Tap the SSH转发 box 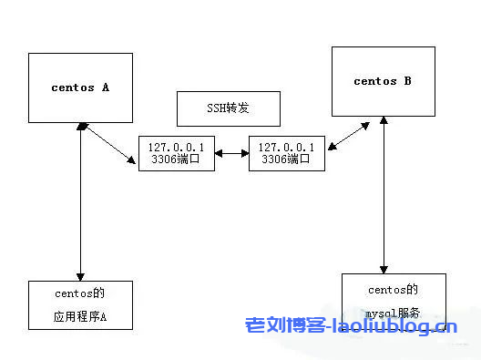[227, 108]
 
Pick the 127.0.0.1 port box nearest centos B [286, 153]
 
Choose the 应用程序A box [81, 304]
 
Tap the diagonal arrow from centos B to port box [349, 138]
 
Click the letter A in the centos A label [105, 88]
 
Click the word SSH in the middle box [216, 108]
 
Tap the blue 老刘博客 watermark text [278, 325]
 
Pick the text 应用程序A [80, 318]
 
